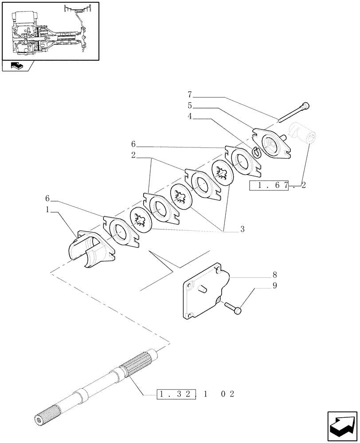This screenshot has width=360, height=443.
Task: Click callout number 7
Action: (x=190, y=94)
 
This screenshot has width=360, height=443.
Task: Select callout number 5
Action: (x=190, y=106)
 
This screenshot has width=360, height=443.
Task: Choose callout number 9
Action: (x=274, y=286)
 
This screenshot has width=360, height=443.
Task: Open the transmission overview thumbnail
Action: (x=50, y=31)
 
